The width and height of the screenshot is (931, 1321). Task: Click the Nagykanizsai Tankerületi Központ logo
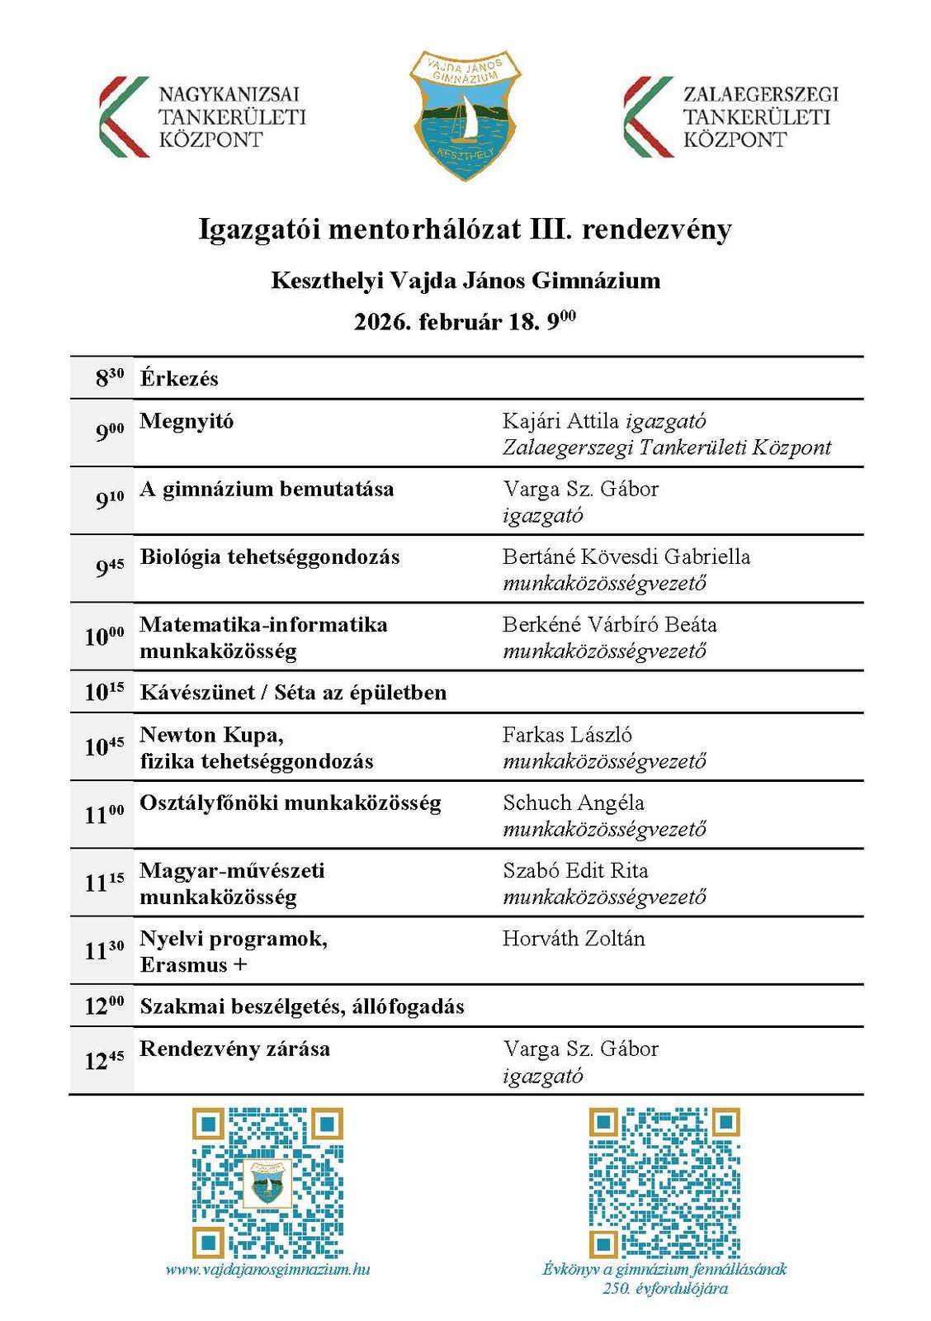pyautogui.click(x=202, y=116)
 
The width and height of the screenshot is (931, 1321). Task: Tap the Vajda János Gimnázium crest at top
pyautogui.click(x=466, y=114)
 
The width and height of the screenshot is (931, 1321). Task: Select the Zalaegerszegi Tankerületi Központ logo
pyautogui.click(x=730, y=116)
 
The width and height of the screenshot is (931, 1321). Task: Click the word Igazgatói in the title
pyautogui.click(x=259, y=229)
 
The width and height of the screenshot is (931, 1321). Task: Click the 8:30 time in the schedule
pyautogui.click(x=109, y=378)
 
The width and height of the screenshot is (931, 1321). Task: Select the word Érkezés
pyautogui.click(x=179, y=379)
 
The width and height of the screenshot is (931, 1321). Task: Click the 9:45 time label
pyautogui.click(x=109, y=567)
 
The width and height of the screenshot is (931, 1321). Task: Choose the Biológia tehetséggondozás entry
pyautogui.click(x=270, y=556)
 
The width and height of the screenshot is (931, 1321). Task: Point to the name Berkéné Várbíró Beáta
pyautogui.click(x=609, y=624)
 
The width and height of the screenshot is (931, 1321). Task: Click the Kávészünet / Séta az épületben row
pyautogui.click(x=293, y=692)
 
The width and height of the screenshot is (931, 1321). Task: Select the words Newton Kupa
pyautogui.click(x=211, y=734)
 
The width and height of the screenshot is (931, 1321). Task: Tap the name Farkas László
pyautogui.click(x=567, y=734)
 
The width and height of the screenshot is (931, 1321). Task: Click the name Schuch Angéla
pyautogui.click(x=574, y=803)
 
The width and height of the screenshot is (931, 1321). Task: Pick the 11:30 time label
pyautogui.click(x=104, y=950)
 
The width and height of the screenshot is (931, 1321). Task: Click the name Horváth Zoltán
pyautogui.click(x=574, y=938)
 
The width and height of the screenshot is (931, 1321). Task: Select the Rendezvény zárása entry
pyautogui.click(x=234, y=1049)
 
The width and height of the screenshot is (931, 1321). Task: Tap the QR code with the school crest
pyautogui.click(x=267, y=1182)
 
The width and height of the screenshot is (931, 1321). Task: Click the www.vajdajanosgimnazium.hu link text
pyautogui.click(x=267, y=1269)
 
